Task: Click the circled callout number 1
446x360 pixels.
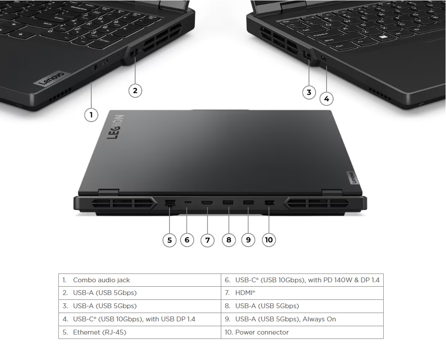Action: (x=91, y=115)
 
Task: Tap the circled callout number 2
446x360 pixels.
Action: (x=135, y=91)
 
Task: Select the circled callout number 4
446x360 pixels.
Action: (x=327, y=99)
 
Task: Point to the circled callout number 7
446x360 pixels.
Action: (x=207, y=240)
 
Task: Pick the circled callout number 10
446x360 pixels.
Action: (x=269, y=240)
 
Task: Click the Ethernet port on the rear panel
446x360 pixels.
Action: (x=170, y=203)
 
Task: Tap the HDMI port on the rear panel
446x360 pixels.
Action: (x=207, y=203)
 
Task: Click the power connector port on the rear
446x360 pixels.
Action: (x=269, y=203)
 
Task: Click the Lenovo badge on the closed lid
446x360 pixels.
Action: (x=352, y=177)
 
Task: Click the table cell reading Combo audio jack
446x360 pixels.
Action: (x=140, y=280)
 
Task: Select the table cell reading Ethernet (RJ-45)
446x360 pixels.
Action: (x=140, y=332)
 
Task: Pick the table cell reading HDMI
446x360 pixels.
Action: (x=302, y=292)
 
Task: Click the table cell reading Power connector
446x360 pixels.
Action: (x=302, y=332)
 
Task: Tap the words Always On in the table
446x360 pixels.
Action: (x=319, y=319)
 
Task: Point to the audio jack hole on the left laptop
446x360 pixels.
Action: (x=95, y=68)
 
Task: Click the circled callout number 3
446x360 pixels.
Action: (x=309, y=93)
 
